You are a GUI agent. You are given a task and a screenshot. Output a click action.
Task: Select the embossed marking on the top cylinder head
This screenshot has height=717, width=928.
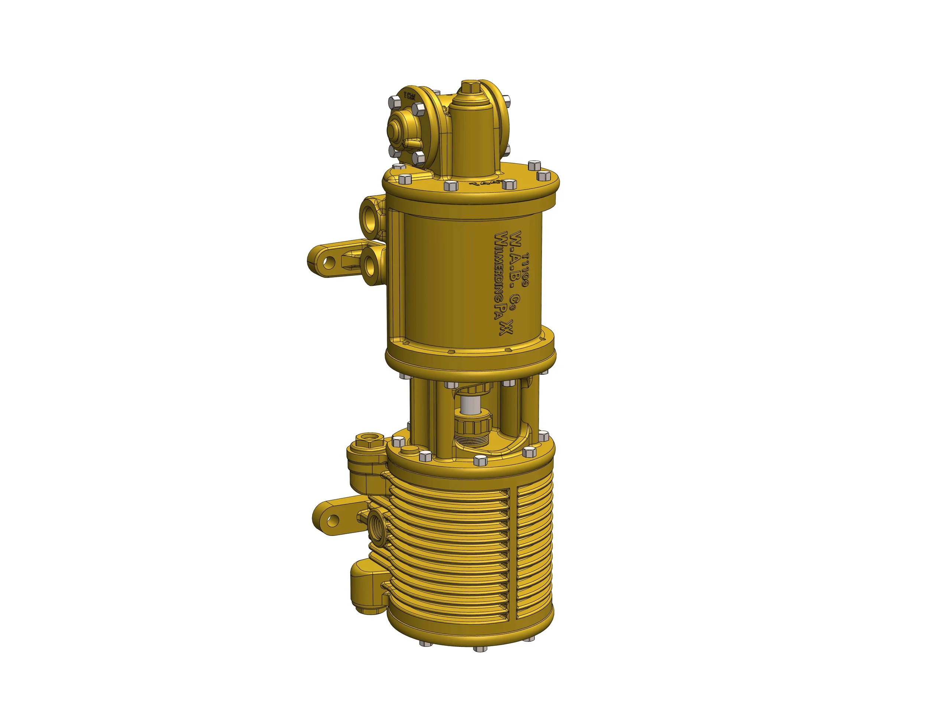[x=480, y=185]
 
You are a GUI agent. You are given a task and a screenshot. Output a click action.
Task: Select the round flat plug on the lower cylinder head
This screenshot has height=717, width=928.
[x=407, y=452]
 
